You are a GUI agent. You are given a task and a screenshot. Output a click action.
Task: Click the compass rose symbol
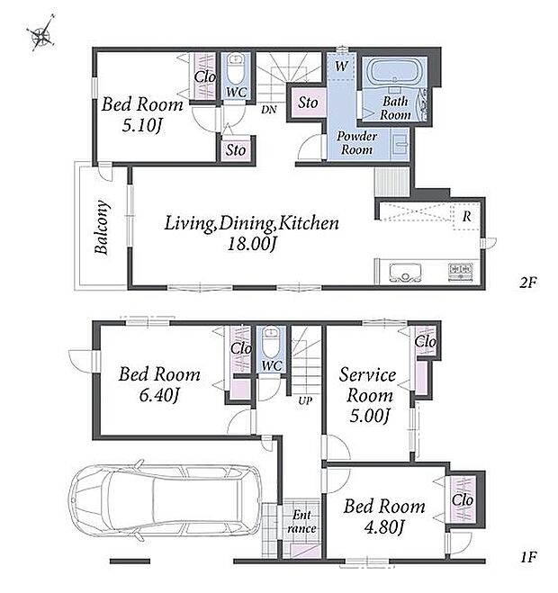pyautogui.click(x=40, y=33)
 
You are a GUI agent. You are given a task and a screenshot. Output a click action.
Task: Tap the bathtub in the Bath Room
pyautogui.click(x=395, y=71)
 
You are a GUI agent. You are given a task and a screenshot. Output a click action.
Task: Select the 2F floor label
pyautogui.click(x=527, y=283)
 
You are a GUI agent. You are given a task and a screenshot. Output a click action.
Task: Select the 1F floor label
pyautogui.click(x=528, y=557)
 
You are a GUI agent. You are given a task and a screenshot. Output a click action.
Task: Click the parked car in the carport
pyautogui.click(x=165, y=499)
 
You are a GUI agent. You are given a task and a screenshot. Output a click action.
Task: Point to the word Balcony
pyautogui.click(x=102, y=227)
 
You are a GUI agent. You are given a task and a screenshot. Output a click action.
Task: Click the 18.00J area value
pyautogui.click(x=252, y=244)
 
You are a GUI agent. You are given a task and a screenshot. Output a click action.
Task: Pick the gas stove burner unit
pyautogui.click(x=461, y=272)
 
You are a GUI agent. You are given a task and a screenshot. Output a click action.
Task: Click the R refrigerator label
pyautogui.click(x=467, y=216)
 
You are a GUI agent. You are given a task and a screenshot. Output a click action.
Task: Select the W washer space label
pyautogui.click(x=341, y=67)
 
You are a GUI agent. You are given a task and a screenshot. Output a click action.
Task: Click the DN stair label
pyautogui.click(x=269, y=110)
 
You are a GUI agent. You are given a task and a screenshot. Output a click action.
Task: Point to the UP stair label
pyautogui.click(x=305, y=400)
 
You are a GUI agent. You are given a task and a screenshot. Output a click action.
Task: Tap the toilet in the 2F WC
pyautogui.click(x=236, y=69)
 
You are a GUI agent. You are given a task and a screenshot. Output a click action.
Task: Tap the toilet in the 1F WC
pyautogui.click(x=271, y=343)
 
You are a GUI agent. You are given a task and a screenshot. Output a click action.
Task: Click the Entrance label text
pyautogui.click(x=301, y=522)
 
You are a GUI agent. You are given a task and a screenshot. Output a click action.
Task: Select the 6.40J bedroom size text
pyautogui.click(x=159, y=396)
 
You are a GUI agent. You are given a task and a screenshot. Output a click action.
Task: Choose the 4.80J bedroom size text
pyautogui.click(x=384, y=527)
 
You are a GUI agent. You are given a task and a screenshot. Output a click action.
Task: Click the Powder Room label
pyautogui.click(x=356, y=143)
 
